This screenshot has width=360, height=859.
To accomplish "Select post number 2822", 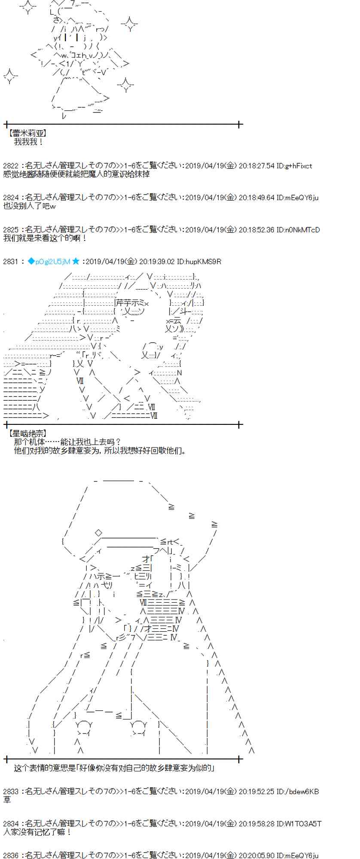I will tap(11, 166).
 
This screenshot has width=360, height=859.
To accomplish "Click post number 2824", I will tap(11, 198).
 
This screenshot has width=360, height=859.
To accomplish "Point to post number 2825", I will tap(11, 230).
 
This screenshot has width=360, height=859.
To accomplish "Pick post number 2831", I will tap(11, 261).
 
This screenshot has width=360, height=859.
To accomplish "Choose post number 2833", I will tap(11, 791).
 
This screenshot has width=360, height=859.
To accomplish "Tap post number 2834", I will tap(11, 823).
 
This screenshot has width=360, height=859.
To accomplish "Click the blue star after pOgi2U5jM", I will tap(76, 261).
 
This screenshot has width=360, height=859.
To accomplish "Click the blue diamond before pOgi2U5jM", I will tap(31, 261).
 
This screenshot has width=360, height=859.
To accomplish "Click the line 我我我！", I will tap(28, 142).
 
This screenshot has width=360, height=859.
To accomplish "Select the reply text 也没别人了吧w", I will tap(30, 206).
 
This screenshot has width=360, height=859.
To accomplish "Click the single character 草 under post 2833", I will tap(7, 799).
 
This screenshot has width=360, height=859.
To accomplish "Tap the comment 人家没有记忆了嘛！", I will tap(37, 832).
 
